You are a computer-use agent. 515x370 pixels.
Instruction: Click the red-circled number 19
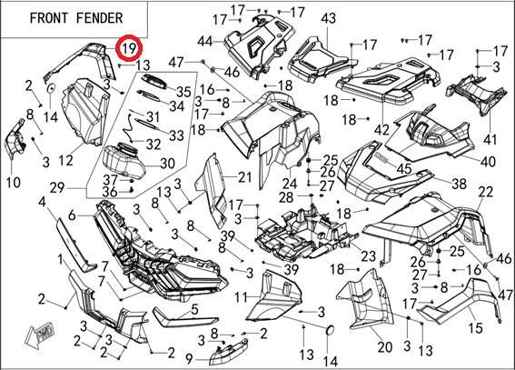tap(129, 48)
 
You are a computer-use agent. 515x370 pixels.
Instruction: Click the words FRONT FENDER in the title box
tap(76, 18)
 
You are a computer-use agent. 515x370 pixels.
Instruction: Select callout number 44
tap(206, 42)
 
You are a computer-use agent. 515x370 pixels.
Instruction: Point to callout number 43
tap(329, 18)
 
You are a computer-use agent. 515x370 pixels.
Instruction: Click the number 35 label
tap(183, 92)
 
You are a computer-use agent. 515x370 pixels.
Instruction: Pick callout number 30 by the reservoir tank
tap(167, 164)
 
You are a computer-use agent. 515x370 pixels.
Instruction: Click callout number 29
tap(58, 188)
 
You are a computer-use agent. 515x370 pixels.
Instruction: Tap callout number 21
tap(244, 177)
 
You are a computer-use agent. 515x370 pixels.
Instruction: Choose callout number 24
tap(290, 184)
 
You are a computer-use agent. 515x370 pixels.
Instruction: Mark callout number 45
tap(404, 168)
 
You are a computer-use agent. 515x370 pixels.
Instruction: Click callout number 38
tap(459, 184)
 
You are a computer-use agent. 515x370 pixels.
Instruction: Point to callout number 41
tap(490, 140)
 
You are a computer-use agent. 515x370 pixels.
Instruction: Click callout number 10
tap(14, 183)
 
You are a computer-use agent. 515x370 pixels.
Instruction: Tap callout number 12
tap(65, 161)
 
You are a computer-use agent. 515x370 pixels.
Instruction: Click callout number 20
tap(384, 346)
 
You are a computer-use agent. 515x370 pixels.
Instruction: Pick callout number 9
tap(189, 359)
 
